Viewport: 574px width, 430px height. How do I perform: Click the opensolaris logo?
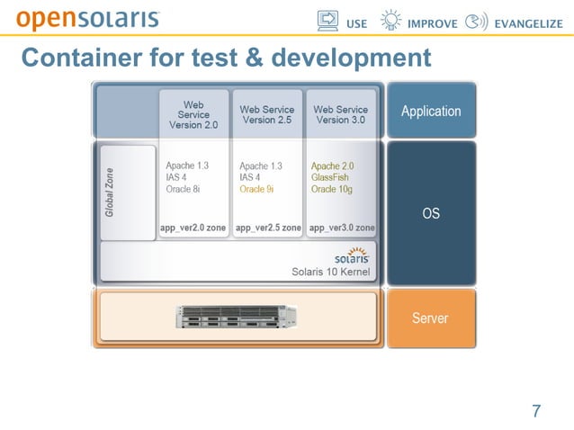(x=88, y=18)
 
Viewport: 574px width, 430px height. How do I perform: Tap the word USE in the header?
(x=357, y=23)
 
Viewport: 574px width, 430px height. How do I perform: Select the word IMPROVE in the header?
(x=433, y=23)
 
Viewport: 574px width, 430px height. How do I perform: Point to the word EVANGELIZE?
(x=528, y=23)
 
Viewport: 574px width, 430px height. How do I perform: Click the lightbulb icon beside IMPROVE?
(x=391, y=22)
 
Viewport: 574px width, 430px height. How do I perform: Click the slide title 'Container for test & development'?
(x=226, y=58)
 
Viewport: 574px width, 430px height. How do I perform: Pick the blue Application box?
(x=431, y=111)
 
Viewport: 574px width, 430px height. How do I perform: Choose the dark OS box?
(x=431, y=213)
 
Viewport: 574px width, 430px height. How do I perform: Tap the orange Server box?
(x=431, y=318)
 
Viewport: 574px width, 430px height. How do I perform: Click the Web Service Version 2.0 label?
(x=193, y=115)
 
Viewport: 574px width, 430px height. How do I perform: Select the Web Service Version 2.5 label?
(x=266, y=115)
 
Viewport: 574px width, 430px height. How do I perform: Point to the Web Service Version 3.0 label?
(x=340, y=115)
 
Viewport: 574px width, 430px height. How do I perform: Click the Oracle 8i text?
(x=184, y=190)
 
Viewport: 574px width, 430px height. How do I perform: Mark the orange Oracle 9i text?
(x=256, y=190)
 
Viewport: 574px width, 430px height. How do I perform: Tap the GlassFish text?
(x=330, y=178)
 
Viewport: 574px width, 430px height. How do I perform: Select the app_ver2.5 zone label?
(x=268, y=228)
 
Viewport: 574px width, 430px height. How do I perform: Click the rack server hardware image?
(x=237, y=317)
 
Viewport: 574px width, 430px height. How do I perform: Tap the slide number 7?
(x=536, y=412)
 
